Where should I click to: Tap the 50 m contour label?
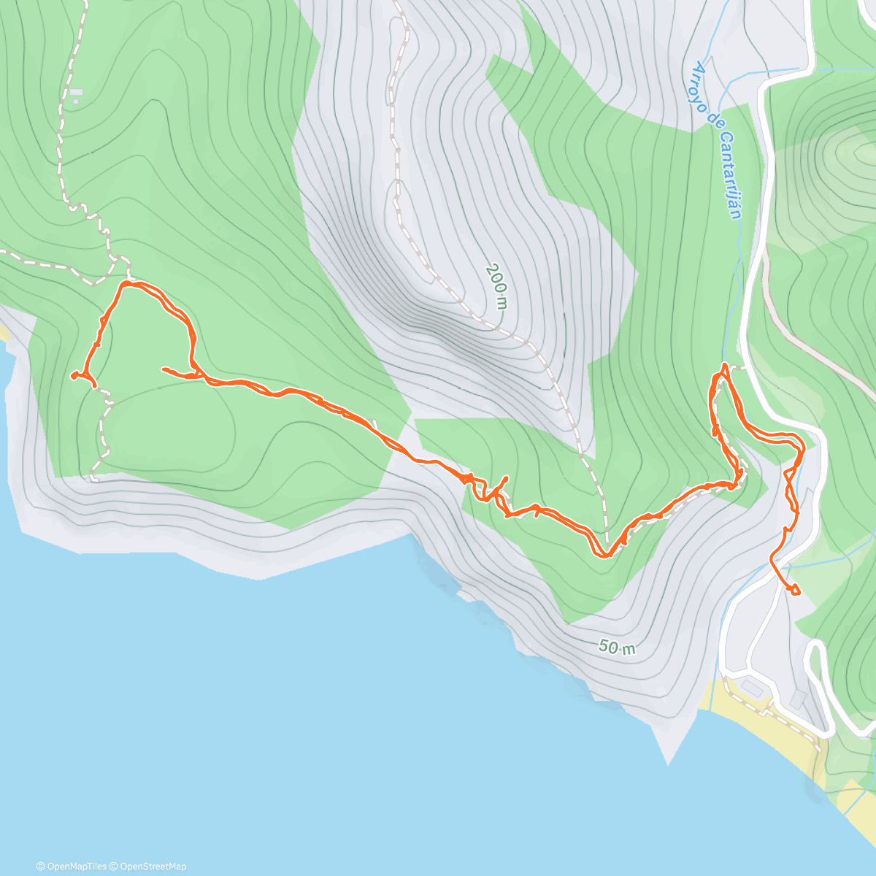[x=617, y=647]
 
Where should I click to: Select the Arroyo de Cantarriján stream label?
[x=718, y=139]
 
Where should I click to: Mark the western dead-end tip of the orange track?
[x=73, y=375]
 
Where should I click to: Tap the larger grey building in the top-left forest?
[x=76, y=93]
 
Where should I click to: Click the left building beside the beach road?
[x=751, y=687]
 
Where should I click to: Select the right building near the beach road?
[x=799, y=699]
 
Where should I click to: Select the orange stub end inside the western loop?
[x=162, y=369]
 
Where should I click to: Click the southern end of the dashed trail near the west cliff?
[x=93, y=479]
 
